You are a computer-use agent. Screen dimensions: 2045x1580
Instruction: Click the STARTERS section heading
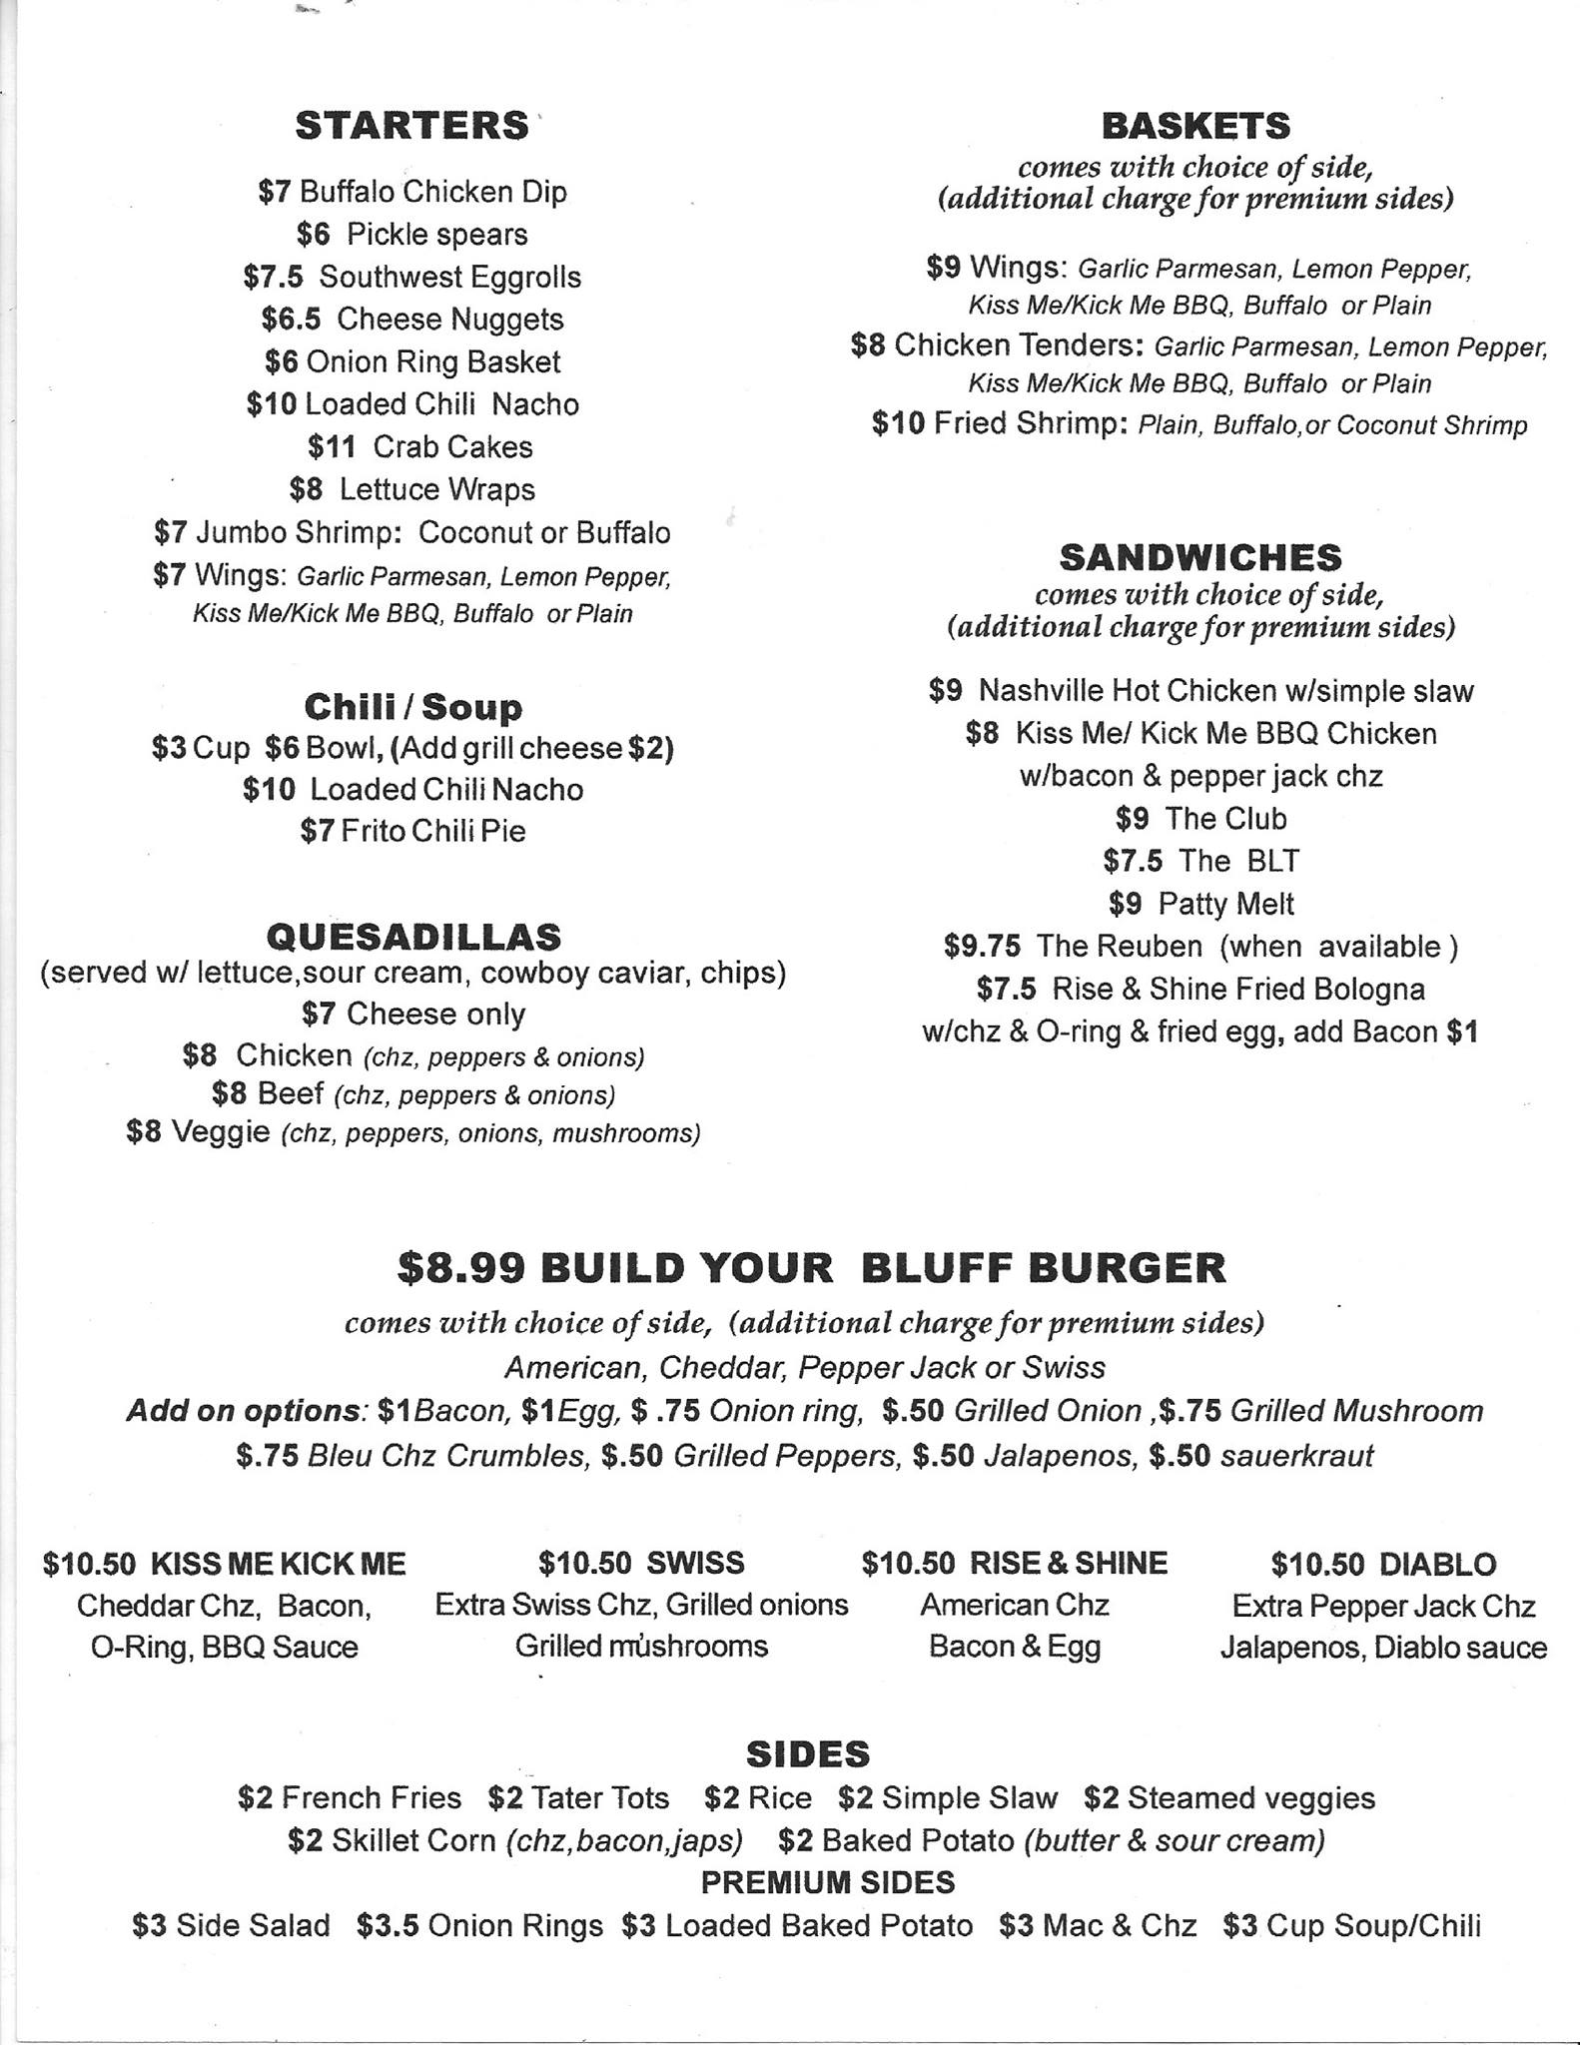411,126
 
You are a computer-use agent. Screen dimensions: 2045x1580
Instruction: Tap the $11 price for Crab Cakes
331,446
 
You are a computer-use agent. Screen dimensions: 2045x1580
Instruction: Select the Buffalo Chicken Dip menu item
432,191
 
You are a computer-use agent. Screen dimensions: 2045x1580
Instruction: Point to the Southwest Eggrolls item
449,277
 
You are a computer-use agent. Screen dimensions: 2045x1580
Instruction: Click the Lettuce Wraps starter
436,489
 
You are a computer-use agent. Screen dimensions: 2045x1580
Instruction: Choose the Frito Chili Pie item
432,831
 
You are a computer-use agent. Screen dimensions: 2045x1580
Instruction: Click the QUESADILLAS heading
413,936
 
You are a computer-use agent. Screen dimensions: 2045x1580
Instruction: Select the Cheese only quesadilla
435,1014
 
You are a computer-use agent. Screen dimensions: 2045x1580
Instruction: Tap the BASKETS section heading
1195,126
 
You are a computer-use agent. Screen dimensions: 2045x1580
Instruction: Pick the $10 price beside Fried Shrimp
898,423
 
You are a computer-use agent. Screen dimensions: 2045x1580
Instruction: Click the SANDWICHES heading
1200,556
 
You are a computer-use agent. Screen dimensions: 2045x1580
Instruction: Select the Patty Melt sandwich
1225,904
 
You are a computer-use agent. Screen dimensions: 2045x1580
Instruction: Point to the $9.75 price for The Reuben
982,946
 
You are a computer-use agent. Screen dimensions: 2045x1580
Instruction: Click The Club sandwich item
1225,818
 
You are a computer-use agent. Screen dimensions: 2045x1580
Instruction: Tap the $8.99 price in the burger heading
460,1267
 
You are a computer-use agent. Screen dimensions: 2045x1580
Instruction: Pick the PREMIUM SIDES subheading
827,1882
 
